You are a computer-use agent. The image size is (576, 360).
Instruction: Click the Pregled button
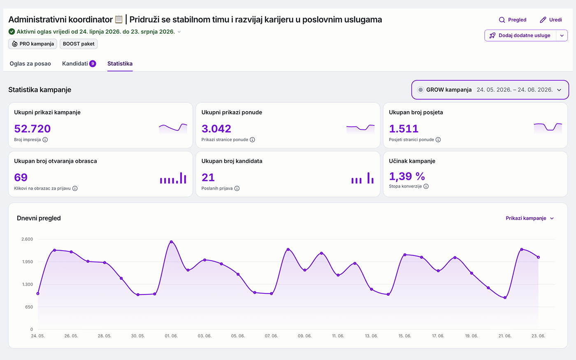point(513,20)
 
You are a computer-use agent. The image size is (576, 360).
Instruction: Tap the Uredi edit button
point(551,20)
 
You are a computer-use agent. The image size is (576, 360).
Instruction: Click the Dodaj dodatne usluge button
point(520,35)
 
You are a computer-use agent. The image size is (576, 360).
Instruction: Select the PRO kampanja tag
point(33,44)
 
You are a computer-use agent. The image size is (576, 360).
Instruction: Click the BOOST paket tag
point(79,44)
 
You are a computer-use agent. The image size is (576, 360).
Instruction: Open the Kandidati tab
point(79,63)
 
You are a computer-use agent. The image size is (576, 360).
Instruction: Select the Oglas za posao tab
point(30,63)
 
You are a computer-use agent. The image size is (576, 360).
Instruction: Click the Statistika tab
point(120,63)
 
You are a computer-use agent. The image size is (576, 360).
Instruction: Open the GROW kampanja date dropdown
point(490,90)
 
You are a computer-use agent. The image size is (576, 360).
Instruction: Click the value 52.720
point(33,128)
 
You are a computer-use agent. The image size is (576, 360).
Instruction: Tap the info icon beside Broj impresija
point(45,139)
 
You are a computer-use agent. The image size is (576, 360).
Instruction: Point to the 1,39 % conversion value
point(407,176)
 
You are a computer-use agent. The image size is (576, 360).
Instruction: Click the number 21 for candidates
point(208,177)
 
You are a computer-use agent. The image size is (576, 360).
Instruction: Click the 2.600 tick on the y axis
point(27,239)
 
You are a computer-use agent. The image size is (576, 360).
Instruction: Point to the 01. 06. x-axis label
point(171,336)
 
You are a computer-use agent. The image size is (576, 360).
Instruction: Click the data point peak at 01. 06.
point(171,242)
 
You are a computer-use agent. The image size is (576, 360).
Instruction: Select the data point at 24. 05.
point(38,294)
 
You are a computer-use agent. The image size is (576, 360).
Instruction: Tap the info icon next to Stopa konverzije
point(426,186)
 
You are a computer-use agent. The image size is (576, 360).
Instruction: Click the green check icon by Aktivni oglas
point(12,32)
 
